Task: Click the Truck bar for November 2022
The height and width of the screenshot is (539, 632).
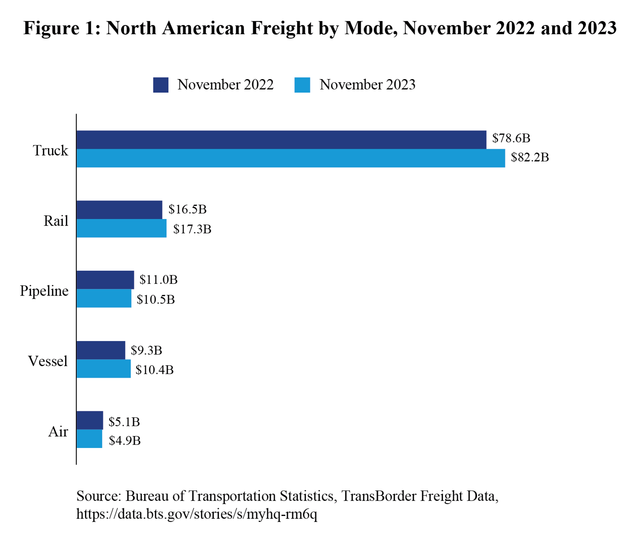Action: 281,140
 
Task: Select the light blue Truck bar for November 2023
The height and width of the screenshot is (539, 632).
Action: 291,158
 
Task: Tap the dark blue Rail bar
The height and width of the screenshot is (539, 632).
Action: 119,210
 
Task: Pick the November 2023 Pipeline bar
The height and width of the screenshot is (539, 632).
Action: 104,299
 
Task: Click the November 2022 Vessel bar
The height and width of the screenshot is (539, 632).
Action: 100,350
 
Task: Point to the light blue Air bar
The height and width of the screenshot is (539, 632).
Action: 89,439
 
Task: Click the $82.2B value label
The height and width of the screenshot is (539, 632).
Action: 530,157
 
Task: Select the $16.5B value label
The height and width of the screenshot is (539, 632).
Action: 187,209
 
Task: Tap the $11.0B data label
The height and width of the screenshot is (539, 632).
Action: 158,280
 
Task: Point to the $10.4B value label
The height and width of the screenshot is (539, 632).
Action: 154,370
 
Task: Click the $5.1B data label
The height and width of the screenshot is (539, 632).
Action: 124,422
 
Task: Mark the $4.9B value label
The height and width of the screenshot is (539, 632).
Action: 125,441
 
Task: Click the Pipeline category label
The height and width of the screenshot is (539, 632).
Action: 44,291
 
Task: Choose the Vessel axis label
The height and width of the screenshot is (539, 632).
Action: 48,361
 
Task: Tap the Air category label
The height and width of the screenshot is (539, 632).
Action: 58,432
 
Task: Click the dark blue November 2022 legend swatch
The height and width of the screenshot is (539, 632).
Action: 161,85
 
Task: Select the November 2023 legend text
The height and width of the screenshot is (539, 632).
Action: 367,85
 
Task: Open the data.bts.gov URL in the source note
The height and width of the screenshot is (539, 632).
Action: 197,514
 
